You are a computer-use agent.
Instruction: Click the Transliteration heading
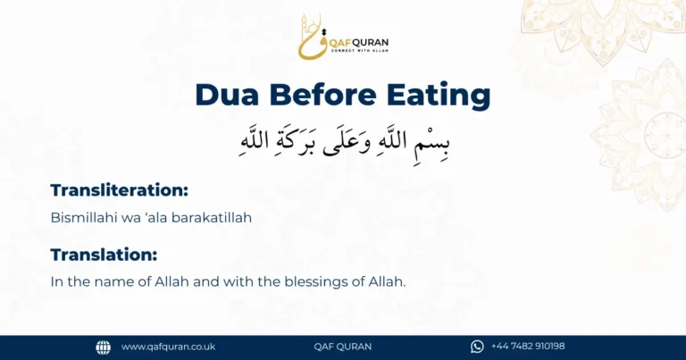pos(120,189)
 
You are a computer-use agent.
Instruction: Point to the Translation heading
pos(104,255)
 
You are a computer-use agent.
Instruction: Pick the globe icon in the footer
pos(104,347)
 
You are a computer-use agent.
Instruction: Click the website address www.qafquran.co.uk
pos(168,347)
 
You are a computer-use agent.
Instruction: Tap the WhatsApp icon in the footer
pos(477,347)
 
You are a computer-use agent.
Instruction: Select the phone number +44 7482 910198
pos(528,347)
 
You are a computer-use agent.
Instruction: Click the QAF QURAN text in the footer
pos(343,347)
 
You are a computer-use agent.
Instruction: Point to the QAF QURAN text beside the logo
pos(359,41)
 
